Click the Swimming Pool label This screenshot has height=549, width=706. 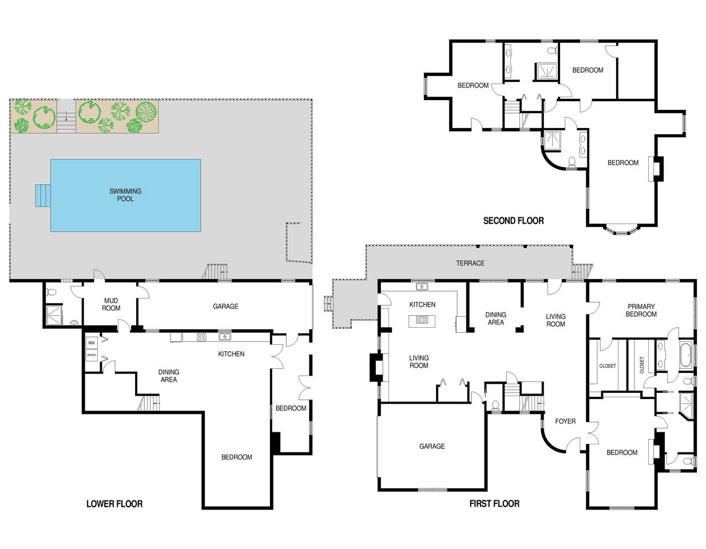pos(125,195)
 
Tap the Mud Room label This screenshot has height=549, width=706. pos(111,304)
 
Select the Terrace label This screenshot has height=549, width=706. pos(470,263)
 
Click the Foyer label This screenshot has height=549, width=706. pos(565,421)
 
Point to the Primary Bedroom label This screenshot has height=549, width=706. pos(641,310)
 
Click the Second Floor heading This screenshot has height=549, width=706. pos(513,221)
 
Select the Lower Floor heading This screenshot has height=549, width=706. pos(114,504)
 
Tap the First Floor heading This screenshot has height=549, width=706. pos(494,504)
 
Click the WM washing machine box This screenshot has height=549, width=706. pos(92,343)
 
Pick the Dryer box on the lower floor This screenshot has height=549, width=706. pos(92,355)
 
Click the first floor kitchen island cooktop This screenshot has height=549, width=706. pos(423,320)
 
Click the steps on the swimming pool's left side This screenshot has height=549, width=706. pos(43,196)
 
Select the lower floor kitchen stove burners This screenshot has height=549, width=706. pos(201,337)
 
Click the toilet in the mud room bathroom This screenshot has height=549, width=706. pos(51,292)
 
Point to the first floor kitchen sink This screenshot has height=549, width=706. pos(422,287)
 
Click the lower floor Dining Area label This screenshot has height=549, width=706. pos(169,376)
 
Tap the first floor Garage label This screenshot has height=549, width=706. pos(432,446)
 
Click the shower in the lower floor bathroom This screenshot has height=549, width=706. pos(54,315)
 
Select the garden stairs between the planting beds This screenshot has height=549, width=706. pos(66,116)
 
